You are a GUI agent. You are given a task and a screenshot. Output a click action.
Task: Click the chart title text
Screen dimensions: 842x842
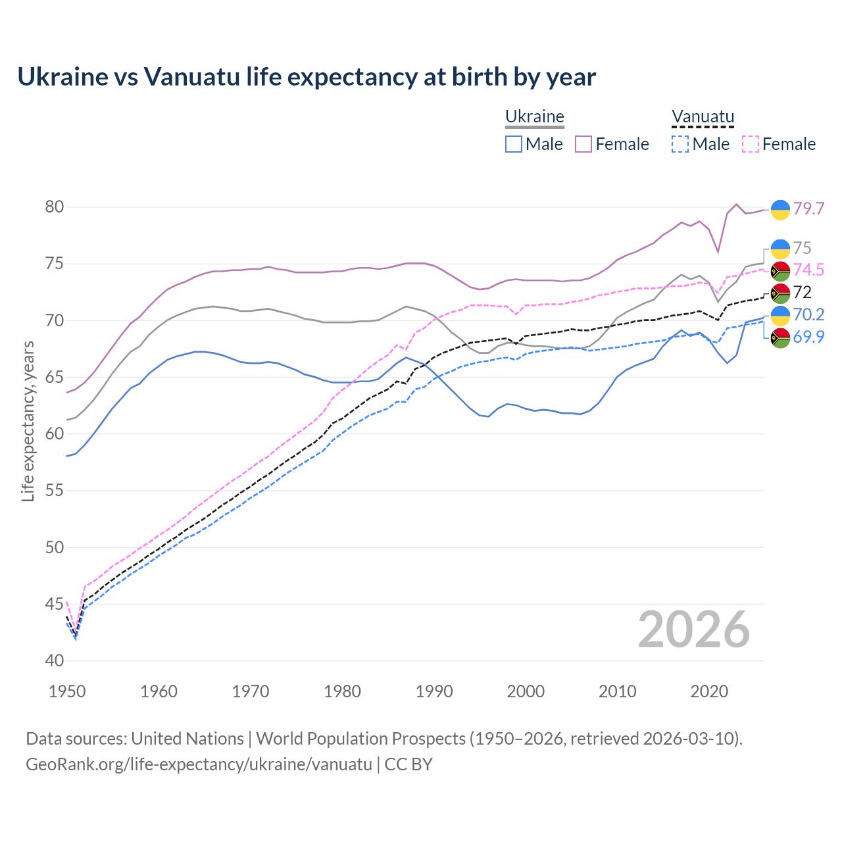click(307, 77)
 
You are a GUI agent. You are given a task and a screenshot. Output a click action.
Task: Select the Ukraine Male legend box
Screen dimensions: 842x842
click(514, 144)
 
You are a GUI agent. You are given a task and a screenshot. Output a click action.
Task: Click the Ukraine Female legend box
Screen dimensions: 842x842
click(583, 144)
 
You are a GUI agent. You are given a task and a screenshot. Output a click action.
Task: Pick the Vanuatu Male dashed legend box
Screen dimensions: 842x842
click(680, 144)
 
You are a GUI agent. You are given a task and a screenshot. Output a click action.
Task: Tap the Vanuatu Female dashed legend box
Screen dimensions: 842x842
click(751, 144)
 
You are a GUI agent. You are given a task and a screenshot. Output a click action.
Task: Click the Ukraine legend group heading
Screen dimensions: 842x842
click(535, 117)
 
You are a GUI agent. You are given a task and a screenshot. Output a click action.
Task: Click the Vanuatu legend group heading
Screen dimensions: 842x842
click(703, 117)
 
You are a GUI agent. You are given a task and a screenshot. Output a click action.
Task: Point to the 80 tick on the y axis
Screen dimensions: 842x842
click(55, 207)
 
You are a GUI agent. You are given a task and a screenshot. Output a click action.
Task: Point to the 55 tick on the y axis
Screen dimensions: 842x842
click(55, 491)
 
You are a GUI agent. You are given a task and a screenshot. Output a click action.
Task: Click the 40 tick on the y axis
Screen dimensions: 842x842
click(55, 660)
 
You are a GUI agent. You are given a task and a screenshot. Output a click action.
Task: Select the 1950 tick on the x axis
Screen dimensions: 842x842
click(68, 691)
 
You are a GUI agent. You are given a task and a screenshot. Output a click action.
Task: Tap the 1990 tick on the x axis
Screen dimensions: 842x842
click(434, 691)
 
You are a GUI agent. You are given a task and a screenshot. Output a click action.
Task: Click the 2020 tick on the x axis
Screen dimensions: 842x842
click(709, 691)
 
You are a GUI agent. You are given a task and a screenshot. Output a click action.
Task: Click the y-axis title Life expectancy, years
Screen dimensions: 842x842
click(28, 421)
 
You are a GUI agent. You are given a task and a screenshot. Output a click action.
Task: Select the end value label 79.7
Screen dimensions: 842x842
click(808, 209)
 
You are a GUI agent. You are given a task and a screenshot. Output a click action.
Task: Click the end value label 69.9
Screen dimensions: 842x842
click(808, 337)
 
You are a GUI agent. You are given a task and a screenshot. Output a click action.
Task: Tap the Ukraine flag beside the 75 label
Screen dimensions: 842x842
click(780, 249)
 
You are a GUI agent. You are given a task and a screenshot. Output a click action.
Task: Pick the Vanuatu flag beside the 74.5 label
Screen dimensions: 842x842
click(780, 270)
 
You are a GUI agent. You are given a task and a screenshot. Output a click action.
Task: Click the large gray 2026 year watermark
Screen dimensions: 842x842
click(694, 630)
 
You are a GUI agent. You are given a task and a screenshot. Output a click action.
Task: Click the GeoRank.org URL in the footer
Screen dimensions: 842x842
click(199, 764)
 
